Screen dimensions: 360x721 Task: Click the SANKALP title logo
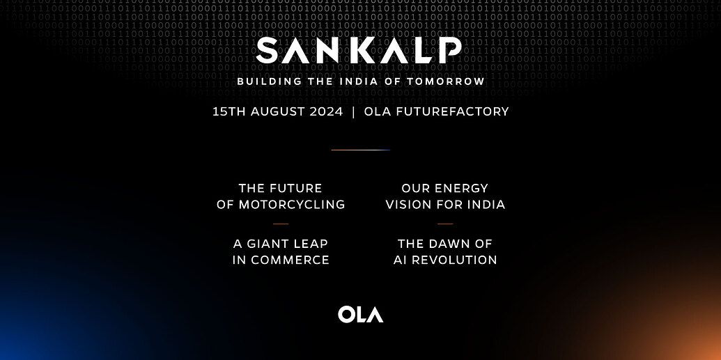pos(359,50)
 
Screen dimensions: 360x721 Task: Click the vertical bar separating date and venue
pos(354,111)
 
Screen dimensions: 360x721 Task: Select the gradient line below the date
pos(360,150)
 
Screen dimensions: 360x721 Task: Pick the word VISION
pos(411,205)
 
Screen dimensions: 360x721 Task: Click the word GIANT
pos(270,244)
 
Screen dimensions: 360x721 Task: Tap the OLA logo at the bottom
pos(360,314)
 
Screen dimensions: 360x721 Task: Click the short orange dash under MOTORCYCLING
pos(281,224)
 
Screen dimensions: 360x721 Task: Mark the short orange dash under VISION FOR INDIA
pos(445,224)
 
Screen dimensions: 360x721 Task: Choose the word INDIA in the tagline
pos(357,81)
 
